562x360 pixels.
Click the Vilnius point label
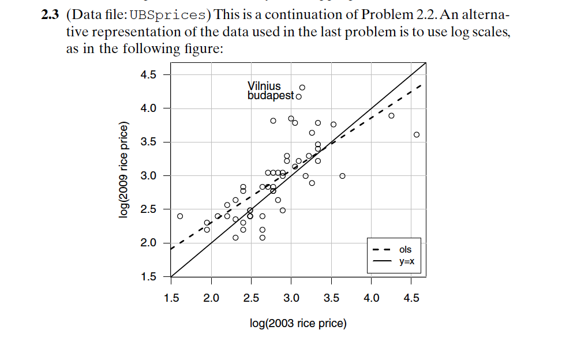264,86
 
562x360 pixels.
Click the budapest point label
271,95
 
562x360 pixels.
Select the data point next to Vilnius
302,88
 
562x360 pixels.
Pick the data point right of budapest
298,96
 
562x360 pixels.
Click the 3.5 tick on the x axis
331,298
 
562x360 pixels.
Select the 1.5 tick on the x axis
171,298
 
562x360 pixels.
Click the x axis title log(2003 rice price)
298,323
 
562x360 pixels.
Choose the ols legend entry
405,249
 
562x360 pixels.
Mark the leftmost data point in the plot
180,216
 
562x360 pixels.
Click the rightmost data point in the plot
417,134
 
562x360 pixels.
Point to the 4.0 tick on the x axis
371,298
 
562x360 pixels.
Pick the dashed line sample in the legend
381,250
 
